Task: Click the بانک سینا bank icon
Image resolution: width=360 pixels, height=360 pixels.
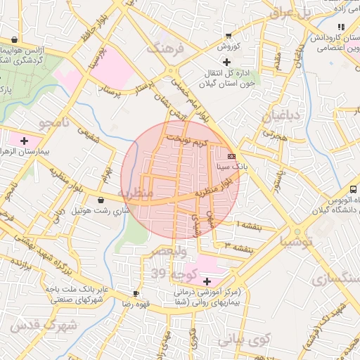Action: pyautogui.click(x=232, y=156)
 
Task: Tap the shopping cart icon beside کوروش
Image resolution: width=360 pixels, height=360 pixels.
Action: pyautogui.click(x=228, y=35)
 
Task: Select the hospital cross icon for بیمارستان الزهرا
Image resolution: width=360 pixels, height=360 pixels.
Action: pyautogui.click(x=25, y=139)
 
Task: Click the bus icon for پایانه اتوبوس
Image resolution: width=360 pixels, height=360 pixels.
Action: pyautogui.click(x=353, y=189)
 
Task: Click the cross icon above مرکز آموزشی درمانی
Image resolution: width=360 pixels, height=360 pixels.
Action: pyautogui.click(x=206, y=281)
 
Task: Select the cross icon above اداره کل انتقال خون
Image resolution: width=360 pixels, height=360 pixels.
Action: pyautogui.click(x=226, y=62)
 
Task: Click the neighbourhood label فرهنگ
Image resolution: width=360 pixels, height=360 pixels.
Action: pyautogui.click(x=165, y=49)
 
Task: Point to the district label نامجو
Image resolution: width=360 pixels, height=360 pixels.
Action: pyautogui.click(x=56, y=124)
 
